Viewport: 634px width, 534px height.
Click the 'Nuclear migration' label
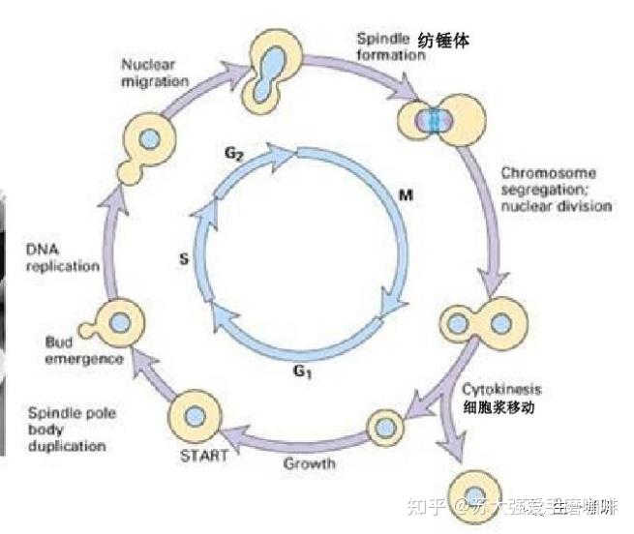(x=154, y=73)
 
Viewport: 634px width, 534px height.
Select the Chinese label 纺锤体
(x=450, y=41)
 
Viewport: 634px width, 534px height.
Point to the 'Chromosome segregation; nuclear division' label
(x=556, y=189)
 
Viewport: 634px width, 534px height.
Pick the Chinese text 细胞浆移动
(x=501, y=408)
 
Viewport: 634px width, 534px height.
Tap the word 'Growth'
(x=310, y=463)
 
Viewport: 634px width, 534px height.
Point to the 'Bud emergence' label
(x=84, y=349)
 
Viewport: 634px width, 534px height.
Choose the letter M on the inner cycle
(x=407, y=196)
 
